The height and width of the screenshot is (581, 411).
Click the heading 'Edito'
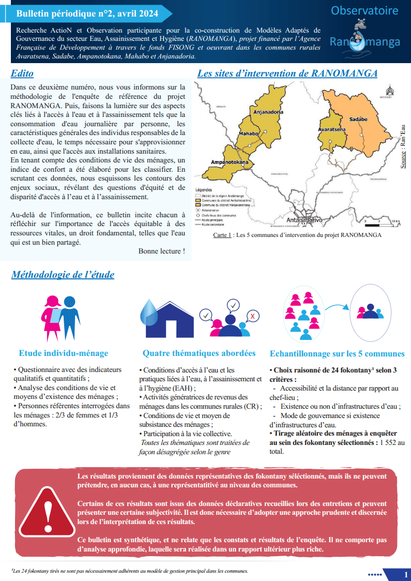click(x=23, y=73)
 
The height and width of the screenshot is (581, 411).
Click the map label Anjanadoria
click(x=268, y=112)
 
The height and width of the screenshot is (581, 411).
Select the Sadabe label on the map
click(x=358, y=118)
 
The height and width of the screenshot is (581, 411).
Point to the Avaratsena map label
click(x=332, y=130)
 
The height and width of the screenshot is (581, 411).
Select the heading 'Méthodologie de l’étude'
click(x=63, y=275)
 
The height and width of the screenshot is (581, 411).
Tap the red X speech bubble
click(x=252, y=316)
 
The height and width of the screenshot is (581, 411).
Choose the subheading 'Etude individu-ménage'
click(x=63, y=353)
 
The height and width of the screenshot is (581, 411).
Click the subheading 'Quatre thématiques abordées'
click(x=199, y=353)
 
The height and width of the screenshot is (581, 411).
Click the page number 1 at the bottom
click(x=405, y=574)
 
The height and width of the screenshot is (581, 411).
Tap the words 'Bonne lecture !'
click(x=162, y=251)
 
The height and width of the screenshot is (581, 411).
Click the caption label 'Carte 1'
click(x=222, y=235)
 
